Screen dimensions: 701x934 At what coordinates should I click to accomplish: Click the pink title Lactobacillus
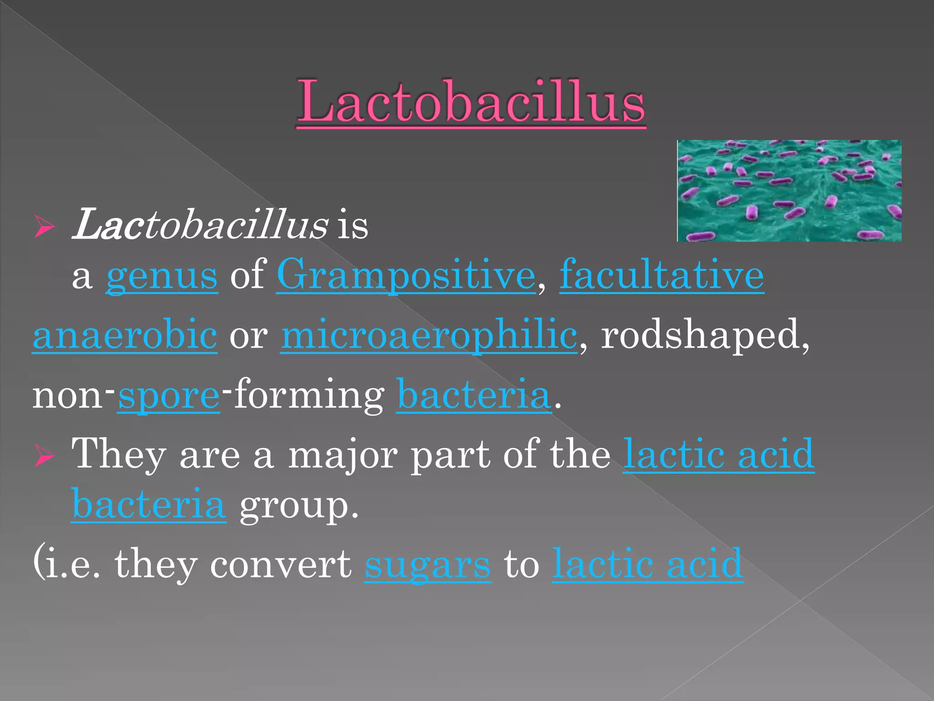(x=471, y=101)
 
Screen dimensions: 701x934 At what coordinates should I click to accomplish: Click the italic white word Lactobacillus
(x=200, y=225)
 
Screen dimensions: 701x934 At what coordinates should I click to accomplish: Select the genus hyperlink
(x=162, y=275)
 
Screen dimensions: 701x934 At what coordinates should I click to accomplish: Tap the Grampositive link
(x=406, y=275)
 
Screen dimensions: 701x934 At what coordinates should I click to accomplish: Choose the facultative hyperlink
(x=661, y=275)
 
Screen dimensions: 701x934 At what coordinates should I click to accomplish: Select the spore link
(x=169, y=395)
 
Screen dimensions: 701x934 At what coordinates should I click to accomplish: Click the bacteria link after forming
(x=473, y=395)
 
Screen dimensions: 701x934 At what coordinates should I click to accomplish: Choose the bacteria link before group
(x=149, y=505)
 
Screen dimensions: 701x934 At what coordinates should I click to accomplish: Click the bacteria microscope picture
(x=789, y=191)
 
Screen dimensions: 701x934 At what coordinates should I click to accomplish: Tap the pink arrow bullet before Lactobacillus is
(x=44, y=227)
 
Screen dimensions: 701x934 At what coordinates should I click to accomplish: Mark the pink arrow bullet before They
(x=44, y=456)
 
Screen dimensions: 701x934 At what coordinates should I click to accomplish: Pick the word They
(x=119, y=455)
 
